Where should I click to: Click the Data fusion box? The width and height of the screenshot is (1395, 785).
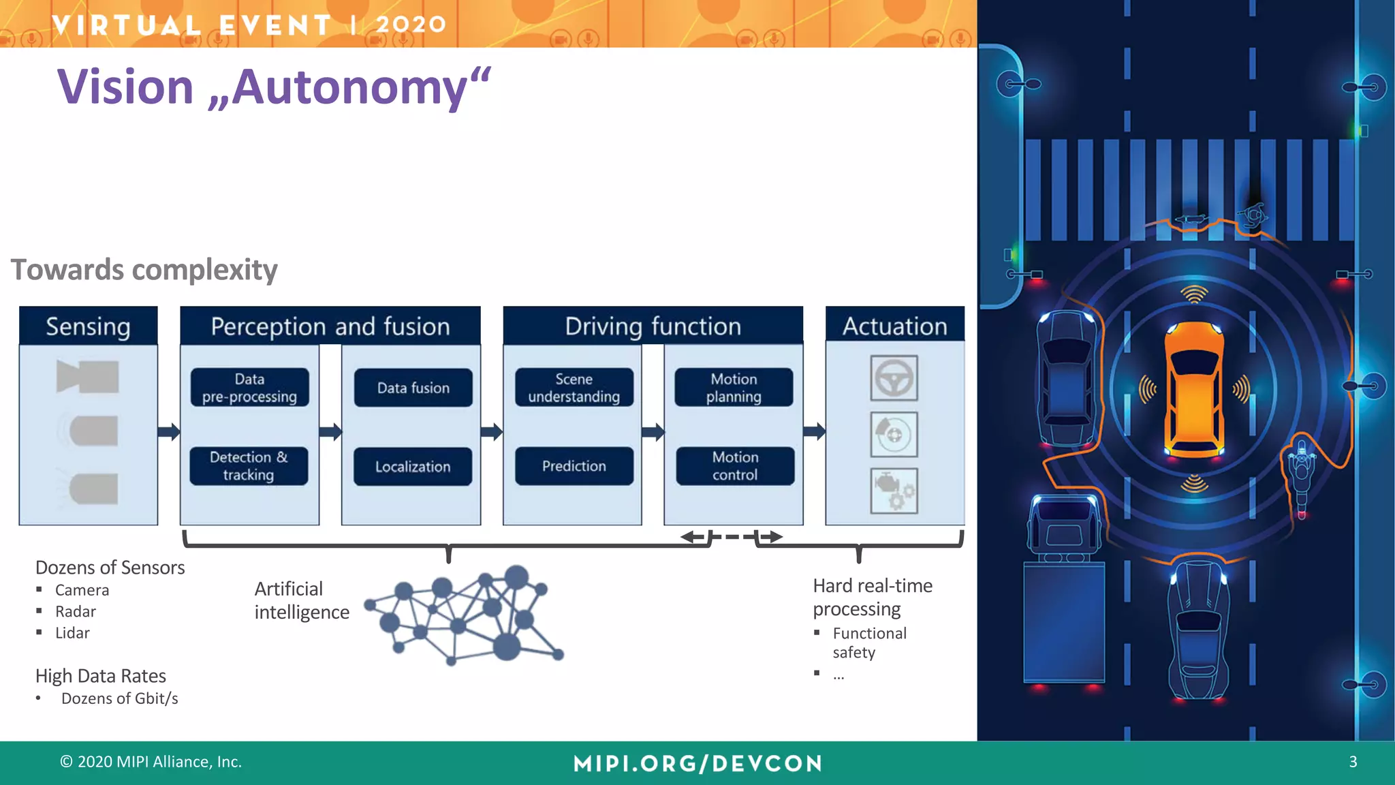click(x=413, y=388)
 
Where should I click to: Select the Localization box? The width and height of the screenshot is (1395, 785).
click(x=413, y=467)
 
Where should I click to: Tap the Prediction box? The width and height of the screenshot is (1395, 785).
click(x=574, y=466)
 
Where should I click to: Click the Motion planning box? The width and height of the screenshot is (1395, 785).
click(x=734, y=388)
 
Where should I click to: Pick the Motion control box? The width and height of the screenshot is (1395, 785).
click(x=735, y=466)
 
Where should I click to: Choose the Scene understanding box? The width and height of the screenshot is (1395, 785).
click(x=574, y=388)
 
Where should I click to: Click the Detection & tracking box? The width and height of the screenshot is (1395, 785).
click(x=249, y=466)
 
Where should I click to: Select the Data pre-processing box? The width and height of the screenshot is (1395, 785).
click(x=249, y=388)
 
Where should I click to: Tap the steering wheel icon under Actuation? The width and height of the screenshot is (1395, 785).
click(x=894, y=378)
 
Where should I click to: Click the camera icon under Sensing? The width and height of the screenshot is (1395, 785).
click(x=88, y=377)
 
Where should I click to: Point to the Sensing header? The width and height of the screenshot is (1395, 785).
click(x=88, y=326)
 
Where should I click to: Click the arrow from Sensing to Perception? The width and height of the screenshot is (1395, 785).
click(x=168, y=431)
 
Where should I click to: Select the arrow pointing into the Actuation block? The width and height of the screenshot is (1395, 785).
click(x=814, y=431)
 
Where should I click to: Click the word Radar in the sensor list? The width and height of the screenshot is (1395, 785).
click(x=75, y=612)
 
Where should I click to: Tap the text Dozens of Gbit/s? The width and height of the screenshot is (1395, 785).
click(x=120, y=698)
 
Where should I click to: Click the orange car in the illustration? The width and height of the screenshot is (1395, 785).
click(x=1194, y=390)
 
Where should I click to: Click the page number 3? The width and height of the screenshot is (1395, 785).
click(x=1353, y=762)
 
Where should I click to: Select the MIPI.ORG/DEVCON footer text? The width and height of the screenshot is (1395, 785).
click(x=697, y=763)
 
